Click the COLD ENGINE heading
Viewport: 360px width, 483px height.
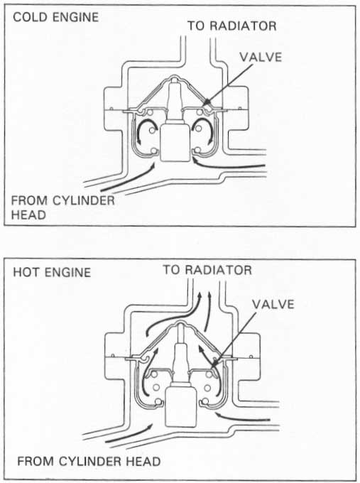pos(56,17)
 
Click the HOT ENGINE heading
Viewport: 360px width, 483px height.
pos(52,272)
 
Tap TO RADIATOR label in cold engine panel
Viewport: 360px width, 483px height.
pos(232,26)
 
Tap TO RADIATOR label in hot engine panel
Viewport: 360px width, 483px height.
pos(207,270)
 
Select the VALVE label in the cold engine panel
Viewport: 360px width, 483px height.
pos(261,58)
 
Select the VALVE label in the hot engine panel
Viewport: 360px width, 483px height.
pos(273,304)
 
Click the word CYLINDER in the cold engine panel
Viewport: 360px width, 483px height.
pos(84,200)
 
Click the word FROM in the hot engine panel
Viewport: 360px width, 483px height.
pos(36,462)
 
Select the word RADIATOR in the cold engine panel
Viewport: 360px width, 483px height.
pos(244,26)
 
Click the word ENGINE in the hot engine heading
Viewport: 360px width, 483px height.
pos(67,272)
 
